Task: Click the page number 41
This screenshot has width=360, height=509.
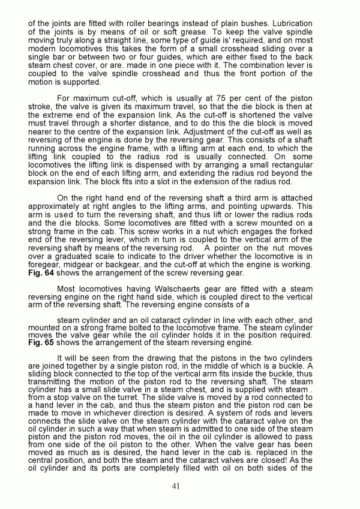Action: [179, 485]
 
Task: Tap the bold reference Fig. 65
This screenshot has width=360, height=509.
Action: [40, 342]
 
